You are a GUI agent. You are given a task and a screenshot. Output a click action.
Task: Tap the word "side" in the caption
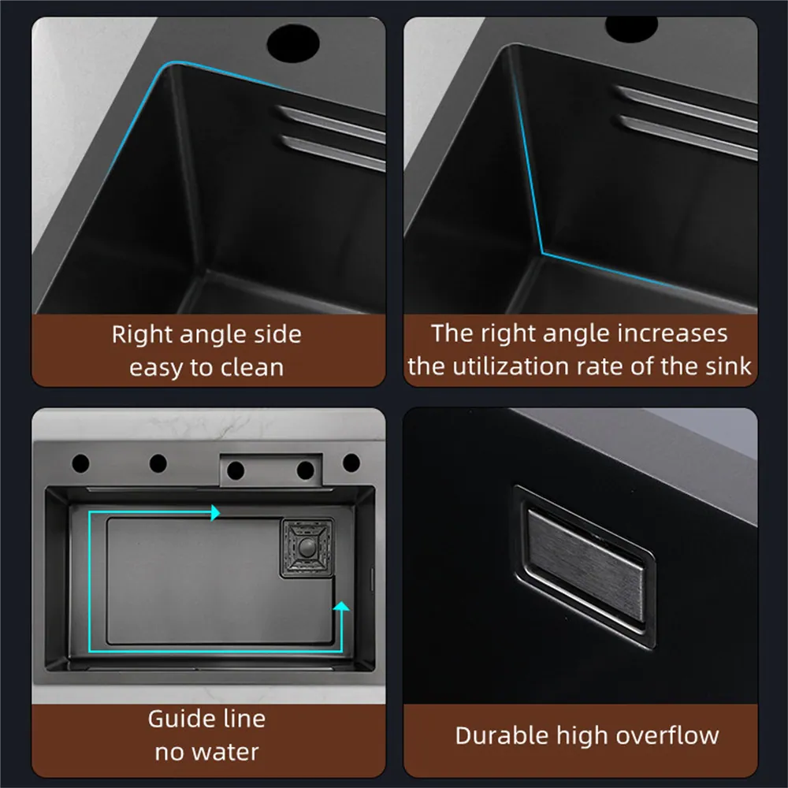275,334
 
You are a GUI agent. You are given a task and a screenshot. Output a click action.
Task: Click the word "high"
583,736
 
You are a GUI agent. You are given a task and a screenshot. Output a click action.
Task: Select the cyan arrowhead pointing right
214,514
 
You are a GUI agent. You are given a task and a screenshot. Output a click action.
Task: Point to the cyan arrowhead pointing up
340,607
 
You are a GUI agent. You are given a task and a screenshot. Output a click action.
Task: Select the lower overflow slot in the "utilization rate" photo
686,134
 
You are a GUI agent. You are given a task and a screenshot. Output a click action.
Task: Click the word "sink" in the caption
730,366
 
